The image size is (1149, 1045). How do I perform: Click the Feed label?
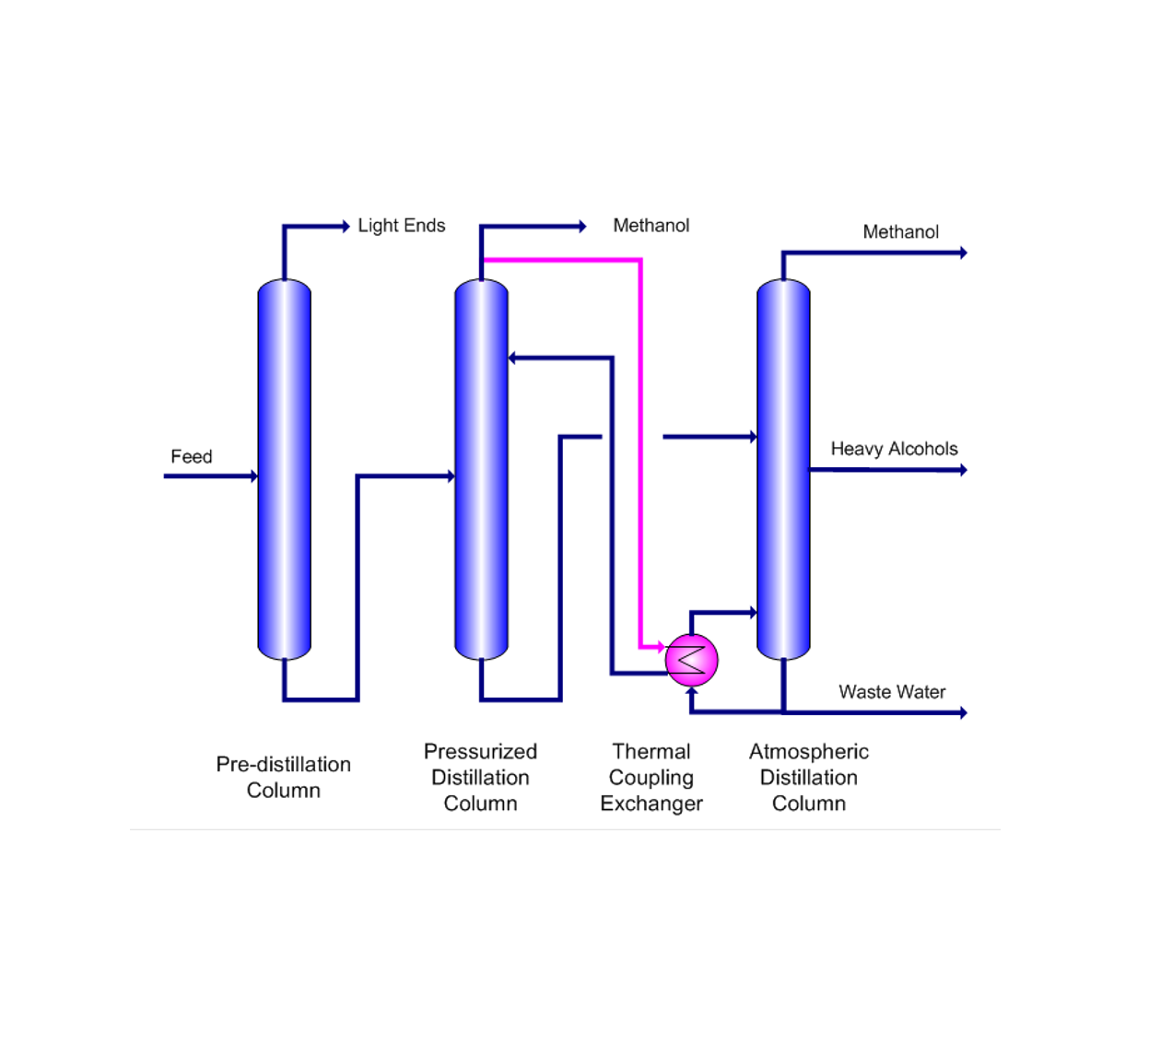[x=191, y=456]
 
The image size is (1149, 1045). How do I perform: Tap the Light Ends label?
[x=401, y=226]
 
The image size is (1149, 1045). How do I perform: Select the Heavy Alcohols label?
[x=894, y=449]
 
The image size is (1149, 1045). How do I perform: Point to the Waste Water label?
[x=891, y=692]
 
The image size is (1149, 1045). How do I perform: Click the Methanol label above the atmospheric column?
[x=900, y=232]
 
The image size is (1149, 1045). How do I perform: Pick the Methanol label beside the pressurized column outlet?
[x=651, y=226]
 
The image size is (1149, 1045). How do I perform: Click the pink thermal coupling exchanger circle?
[x=691, y=660]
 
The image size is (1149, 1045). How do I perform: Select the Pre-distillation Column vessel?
[x=284, y=470]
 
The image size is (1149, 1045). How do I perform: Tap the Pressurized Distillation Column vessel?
[x=481, y=470]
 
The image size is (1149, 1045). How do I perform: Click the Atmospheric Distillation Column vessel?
[x=783, y=470]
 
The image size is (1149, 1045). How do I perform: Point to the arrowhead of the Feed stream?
[x=253, y=476]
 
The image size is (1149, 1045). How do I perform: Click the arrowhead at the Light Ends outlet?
[x=346, y=226]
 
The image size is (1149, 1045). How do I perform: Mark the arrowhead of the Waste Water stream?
[x=963, y=712]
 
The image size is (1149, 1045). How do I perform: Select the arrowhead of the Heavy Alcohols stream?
[x=963, y=470]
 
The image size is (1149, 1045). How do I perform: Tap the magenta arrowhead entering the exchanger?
[x=660, y=647]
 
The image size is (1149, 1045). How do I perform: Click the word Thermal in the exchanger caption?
[x=651, y=752]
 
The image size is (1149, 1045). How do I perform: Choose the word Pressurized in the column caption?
[x=480, y=752]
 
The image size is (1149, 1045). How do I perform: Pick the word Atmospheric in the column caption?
[x=808, y=752]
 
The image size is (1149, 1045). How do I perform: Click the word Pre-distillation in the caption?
[x=283, y=765]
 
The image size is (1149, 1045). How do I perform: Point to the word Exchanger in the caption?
[x=651, y=804]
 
